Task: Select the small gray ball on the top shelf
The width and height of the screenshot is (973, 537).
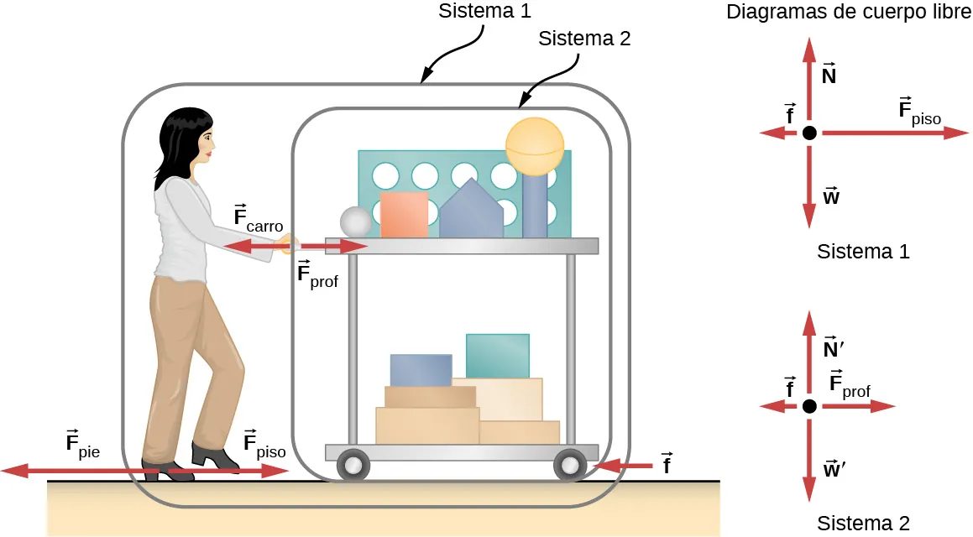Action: [355, 222]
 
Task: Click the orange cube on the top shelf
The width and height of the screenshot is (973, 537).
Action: [405, 215]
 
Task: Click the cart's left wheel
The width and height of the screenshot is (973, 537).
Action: [353, 464]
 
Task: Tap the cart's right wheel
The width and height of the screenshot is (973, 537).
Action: [570, 463]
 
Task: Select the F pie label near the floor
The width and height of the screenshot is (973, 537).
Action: [82, 445]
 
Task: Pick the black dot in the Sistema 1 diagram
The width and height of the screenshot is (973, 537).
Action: [808, 133]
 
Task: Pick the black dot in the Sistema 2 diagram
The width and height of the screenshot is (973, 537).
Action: [808, 406]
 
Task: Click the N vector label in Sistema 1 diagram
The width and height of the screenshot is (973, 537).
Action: [829, 76]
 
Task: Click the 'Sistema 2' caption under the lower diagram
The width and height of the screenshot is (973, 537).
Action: [863, 523]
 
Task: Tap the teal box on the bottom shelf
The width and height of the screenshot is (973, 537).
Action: [497, 356]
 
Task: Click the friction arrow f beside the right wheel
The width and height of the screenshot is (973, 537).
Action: [621, 464]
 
